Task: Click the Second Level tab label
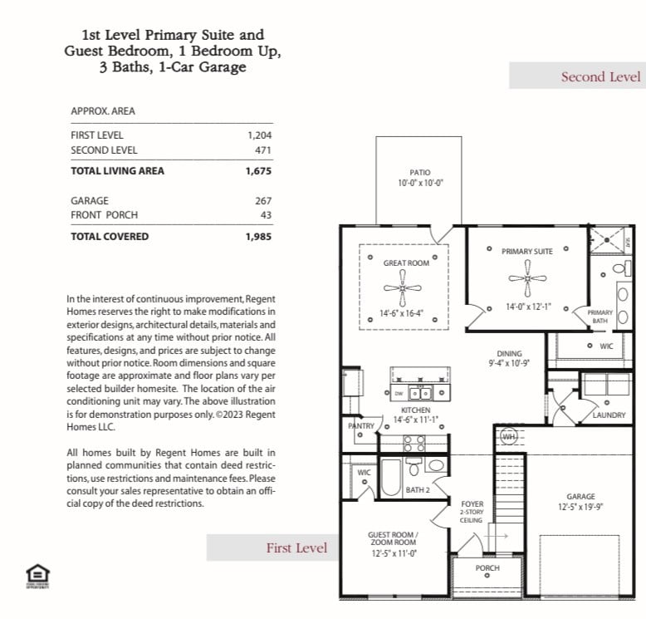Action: point(600,76)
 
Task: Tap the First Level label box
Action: point(296,548)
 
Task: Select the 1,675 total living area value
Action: point(258,171)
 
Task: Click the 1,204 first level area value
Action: point(259,135)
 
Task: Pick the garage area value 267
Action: point(263,201)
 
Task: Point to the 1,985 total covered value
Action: point(258,237)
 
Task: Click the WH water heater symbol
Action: point(508,435)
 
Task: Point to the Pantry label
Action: point(361,426)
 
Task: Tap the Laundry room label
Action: point(609,415)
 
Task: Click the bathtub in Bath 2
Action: point(390,477)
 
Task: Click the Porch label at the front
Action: point(487,568)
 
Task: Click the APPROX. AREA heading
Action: point(103,111)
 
